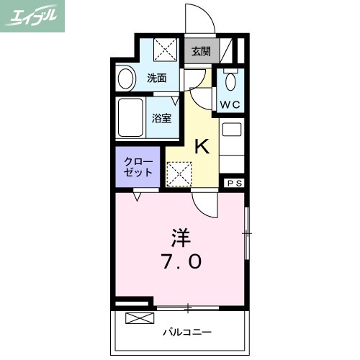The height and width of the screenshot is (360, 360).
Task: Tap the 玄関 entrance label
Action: coord(202,51)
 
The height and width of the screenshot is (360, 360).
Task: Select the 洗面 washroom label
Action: coord(157,78)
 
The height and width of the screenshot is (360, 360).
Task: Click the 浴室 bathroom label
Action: coord(161,118)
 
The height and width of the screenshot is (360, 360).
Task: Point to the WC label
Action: coord(231,104)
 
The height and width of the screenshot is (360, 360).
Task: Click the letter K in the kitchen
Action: coord(202,148)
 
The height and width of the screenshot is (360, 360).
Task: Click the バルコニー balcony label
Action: coord(186,333)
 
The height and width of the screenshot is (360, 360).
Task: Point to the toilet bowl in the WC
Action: coord(231,78)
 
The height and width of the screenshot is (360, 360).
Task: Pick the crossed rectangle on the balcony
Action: coord(140,318)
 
